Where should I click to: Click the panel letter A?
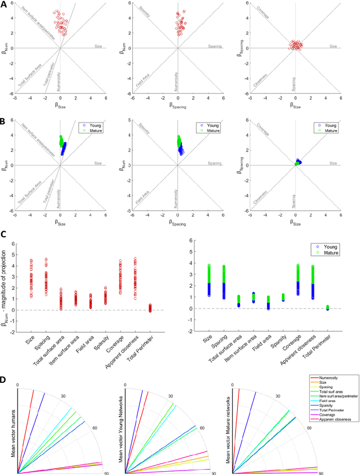coord(4,4)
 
